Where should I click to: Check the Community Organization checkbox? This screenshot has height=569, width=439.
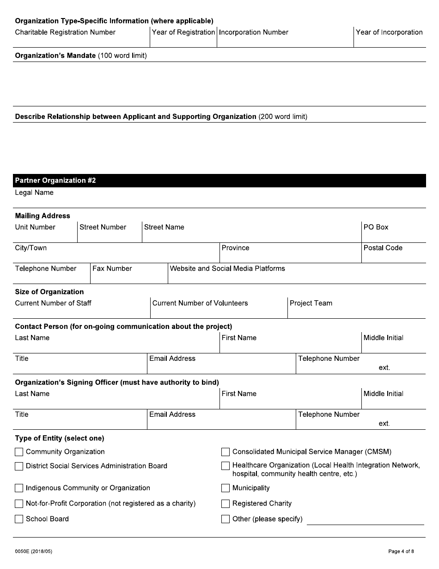point(19,452)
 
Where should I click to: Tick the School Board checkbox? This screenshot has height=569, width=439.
point(19,519)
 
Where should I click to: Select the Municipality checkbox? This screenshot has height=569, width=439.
point(226,488)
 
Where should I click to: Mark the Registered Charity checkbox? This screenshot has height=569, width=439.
point(226,504)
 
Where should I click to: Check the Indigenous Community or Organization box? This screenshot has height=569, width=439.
point(19,488)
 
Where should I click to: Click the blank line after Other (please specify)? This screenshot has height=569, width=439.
point(365,521)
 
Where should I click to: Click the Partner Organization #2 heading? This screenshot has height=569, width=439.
point(55,180)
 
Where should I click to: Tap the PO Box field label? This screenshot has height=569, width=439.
point(376,227)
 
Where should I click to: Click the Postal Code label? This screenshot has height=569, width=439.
point(383,248)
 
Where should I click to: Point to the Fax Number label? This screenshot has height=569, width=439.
point(112,269)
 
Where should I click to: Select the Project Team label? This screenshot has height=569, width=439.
point(311,303)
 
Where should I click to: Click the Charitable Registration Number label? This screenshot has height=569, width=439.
point(65,32)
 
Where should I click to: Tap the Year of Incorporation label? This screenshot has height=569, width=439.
point(389,32)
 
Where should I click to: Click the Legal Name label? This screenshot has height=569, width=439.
point(34,192)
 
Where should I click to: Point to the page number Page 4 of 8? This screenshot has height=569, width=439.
point(401,551)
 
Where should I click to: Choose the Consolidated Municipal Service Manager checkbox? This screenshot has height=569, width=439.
point(226,452)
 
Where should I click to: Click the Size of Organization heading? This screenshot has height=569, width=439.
point(49,292)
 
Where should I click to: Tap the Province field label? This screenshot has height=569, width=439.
point(235,248)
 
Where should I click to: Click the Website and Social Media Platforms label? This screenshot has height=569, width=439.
point(227,269)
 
